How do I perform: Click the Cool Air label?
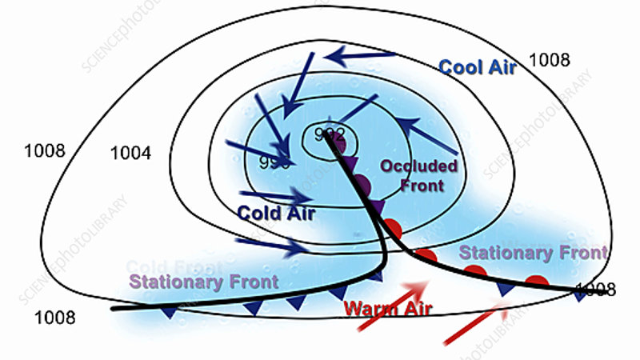[478, 66]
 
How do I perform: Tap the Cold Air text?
[276, 214]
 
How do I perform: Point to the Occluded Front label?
[418, 174]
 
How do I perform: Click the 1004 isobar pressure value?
[130, 152]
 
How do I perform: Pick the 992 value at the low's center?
[329, 134]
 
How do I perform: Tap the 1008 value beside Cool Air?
[549, 58]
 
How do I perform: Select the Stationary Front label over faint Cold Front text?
[203, 282]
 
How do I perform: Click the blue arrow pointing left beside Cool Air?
[364, 56]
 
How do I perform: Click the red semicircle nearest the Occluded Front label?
[391, 227]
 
